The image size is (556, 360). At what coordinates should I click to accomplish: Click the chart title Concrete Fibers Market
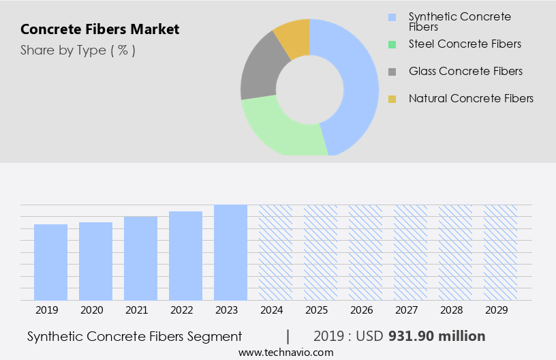[x=99, y=29]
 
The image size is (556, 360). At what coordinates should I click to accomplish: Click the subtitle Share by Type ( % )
[x=78, y=50]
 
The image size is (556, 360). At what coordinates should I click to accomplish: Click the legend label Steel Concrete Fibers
[x=465, y=44]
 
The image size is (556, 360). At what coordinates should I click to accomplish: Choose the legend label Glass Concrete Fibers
[x=465, y=72]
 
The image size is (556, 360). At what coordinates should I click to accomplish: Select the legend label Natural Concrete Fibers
[x=471, y=99]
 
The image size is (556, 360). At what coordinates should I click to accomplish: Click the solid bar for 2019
[x=51, y=262]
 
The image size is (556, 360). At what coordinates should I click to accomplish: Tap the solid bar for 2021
[x=141, y=258]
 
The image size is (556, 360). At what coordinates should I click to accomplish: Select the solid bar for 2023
[x=231, y=252]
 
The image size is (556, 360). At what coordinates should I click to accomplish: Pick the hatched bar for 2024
[x=276, y=252]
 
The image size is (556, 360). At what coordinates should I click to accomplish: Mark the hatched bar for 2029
[x=501, y=252]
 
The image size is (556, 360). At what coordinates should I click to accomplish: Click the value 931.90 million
[x=437, y=336]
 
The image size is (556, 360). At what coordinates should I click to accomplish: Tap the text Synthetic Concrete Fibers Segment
[x=135, y=336]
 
